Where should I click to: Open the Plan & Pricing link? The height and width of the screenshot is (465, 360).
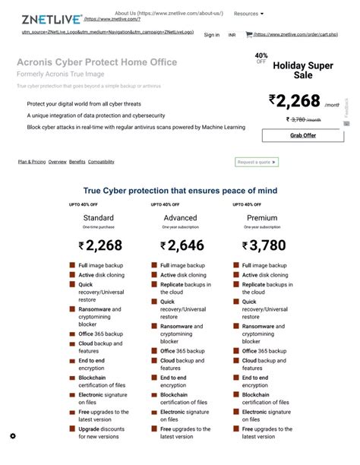tap(32, 162)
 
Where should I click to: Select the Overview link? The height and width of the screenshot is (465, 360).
tap(58, 162)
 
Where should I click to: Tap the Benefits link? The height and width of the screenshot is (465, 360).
tap(77, 162)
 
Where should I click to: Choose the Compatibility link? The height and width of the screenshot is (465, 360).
tap(101, 162)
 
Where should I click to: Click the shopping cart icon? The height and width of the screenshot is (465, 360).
tap(248, 34)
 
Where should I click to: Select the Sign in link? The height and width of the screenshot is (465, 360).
tap(212, 35)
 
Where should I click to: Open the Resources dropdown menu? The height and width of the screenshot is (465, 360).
tap(248, 14)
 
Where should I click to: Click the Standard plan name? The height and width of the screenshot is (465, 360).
tap(98, 218)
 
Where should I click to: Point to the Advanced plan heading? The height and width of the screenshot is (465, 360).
tap(180, 218)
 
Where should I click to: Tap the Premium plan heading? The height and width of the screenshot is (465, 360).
tap(262, 218)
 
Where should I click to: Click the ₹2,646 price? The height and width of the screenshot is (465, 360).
tap(182, 245)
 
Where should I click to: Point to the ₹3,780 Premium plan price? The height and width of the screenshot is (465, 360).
tap(264, 245)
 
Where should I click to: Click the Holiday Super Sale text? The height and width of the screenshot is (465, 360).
tap(303, 70)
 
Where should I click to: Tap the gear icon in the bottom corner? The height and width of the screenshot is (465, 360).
tap(13, 436)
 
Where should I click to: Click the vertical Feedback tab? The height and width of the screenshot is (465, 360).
tap(346, 111)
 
